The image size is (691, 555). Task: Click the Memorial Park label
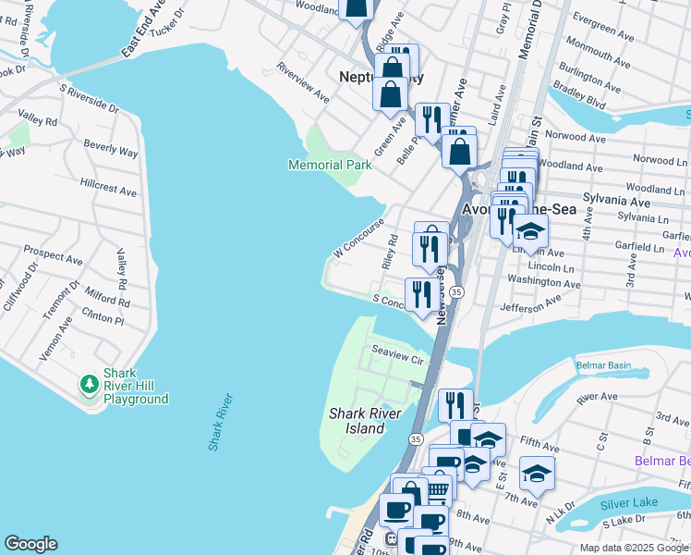pos(330,165)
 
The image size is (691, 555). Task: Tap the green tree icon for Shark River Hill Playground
pos(90,383)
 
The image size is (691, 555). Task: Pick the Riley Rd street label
pos(390,251)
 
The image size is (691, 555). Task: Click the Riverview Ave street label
pos(302,83)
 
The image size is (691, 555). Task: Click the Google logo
pos(30,544)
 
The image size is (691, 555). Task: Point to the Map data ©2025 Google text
pos(633,548)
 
